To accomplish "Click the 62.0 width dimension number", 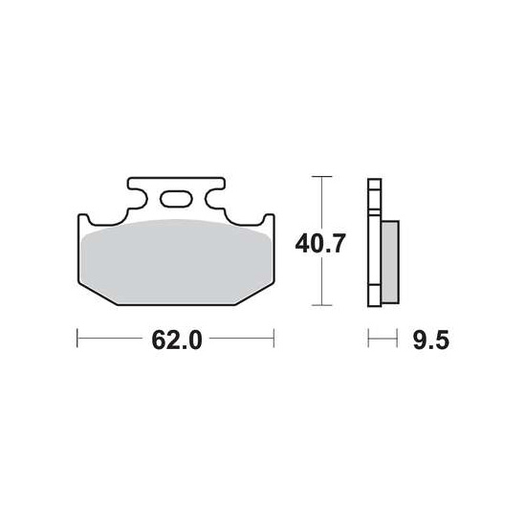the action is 177,340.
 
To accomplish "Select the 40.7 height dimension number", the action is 320,244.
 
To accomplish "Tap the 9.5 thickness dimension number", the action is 430,340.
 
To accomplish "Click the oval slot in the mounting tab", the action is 176,199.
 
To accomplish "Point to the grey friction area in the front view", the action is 177,262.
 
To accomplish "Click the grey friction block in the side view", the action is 390,262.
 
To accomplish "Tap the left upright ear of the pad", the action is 83,220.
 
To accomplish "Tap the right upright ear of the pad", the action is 269,220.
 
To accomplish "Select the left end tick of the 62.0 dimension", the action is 77,339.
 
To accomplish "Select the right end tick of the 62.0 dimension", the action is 274,339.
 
